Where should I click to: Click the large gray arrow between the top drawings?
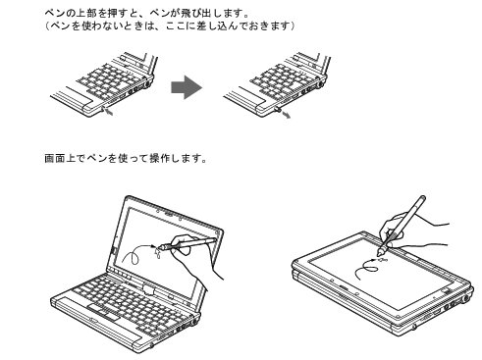(187, 87)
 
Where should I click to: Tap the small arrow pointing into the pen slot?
(109, 111)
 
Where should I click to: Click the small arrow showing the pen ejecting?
(286, 114)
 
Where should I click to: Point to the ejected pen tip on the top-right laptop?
(277, 109)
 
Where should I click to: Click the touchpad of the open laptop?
(103, 312)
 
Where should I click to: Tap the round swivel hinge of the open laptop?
(149, 290)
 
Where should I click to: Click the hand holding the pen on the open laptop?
(193, 255)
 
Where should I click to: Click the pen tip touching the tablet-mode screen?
(380, 252)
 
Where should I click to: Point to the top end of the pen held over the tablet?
(422, 198)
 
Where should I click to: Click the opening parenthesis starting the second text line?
(47, 26)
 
